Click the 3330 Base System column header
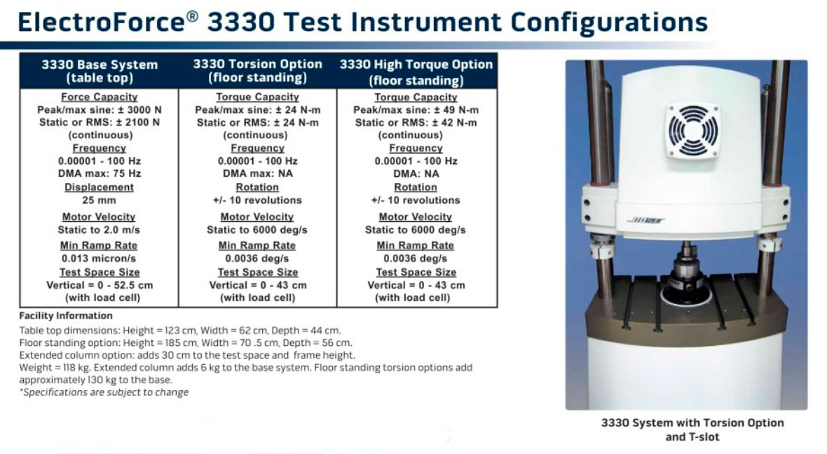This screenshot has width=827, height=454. [x=99, y=72]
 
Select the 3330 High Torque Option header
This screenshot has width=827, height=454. [x=416, y=72]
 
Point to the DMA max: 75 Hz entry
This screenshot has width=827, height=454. [x=100, y=173]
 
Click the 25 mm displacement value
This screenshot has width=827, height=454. [x=99, y=200]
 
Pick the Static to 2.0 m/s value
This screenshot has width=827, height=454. [x=99, y=229]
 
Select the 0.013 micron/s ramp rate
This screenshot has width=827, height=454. [x=99, y=258]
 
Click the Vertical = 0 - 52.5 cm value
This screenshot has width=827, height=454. [x=100, y=285]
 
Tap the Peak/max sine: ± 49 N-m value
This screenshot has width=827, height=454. [x=416, y=109]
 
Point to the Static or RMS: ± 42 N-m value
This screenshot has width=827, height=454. [x=416, y=123]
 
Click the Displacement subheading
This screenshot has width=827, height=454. [x=99, y=187]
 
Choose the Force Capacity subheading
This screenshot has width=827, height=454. [x=99, y=97]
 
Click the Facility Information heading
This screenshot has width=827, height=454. [x=66, y=316]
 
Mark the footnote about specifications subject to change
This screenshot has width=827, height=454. [x=104, y=392]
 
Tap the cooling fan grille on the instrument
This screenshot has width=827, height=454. [x=692, y=131]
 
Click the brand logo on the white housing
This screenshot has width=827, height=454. [x=646, y=220]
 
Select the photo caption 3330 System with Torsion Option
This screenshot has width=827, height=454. [x=692, y=422]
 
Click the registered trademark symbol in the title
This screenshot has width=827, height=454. [x=193, y=16]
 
